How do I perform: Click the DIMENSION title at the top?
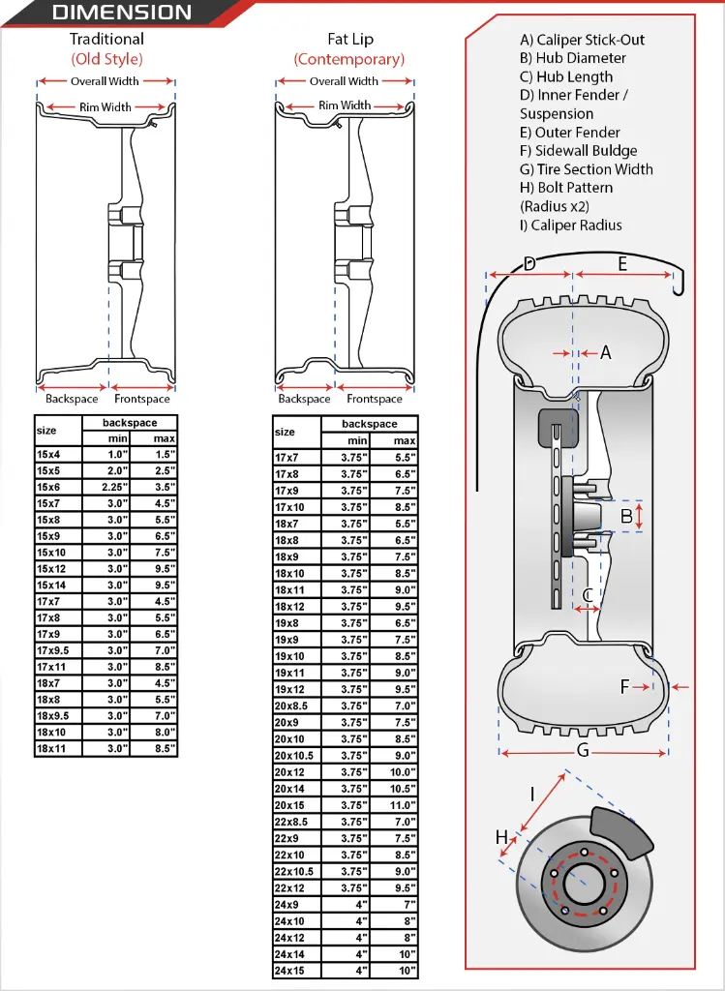tap(121, 13)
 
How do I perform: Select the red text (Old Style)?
tap(106, 58)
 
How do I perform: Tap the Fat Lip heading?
tap(349, 40)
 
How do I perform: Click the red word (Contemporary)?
tap(349, 59)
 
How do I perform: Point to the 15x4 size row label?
tap(48, 454)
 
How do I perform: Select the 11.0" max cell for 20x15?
tap(404, 805)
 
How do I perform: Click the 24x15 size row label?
tap(291, 970)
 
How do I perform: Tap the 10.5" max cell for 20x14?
tap(404, 789)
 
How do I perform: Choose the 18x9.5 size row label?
tap(53, 715)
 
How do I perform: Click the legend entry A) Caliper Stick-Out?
tap(582, 40)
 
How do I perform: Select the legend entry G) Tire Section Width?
tap(586, 169)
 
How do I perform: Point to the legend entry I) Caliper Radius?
tap(570, 225)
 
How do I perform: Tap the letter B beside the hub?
tap(626, 517)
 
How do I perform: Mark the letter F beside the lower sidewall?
tap(625, 687)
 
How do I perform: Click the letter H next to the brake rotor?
tap(501, 837)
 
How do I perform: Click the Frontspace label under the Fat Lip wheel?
tap(375, 399)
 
